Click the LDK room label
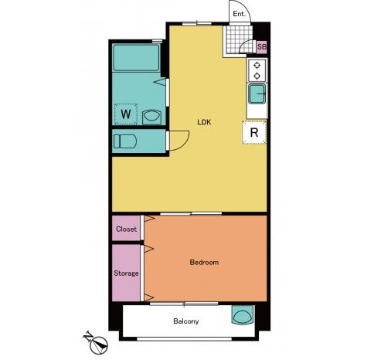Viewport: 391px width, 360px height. click(204, 122)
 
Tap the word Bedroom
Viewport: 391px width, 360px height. click(204, 263)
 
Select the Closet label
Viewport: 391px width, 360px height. click(126, 229)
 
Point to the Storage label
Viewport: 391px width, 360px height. click(126, 273)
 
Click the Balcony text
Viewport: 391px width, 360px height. click(186, 321)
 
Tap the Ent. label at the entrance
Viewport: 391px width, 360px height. click(239, 14)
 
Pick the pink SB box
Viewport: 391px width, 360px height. click(262, 47)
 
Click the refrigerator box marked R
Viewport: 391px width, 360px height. click(254, 132)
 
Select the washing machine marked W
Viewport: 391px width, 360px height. click(126, 114)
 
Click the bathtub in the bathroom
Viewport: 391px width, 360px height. click(136, 58)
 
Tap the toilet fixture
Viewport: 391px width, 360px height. click(125, 141)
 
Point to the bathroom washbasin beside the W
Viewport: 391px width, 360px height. click(151, 117)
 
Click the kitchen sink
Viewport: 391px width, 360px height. click(257, 94)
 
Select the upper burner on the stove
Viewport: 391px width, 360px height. click(257, 66)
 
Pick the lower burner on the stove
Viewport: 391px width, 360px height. click(257, 76)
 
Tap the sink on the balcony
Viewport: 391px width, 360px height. click(243, 315)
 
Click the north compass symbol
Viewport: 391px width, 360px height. click(97, 343)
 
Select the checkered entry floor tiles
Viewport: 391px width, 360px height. click(237, 39)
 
